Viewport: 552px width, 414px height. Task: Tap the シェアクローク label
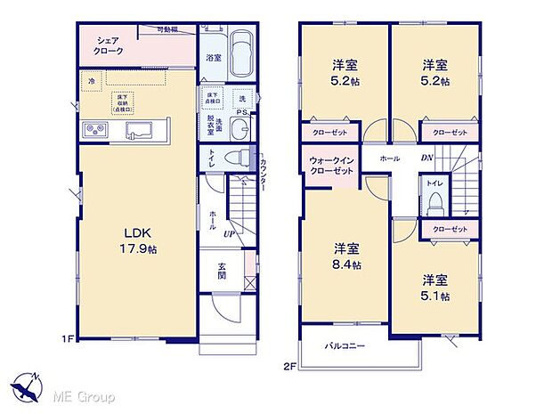pyautogui.click(x=110, y=45)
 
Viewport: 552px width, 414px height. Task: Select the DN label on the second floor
pyautogui.click(x=426, y=158)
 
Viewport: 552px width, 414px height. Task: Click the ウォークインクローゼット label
pyautogui.click(x=332, y=165)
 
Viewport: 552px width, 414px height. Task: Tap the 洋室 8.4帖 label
pyautogui.click(x=346, y=256)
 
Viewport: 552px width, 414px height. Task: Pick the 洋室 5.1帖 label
pyautogui.click(x=435, y=287)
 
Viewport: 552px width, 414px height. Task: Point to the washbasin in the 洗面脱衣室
pyautogui.click(x=238, y=129)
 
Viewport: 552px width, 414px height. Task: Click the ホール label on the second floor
pyautogui.click(x=389, y=158)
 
